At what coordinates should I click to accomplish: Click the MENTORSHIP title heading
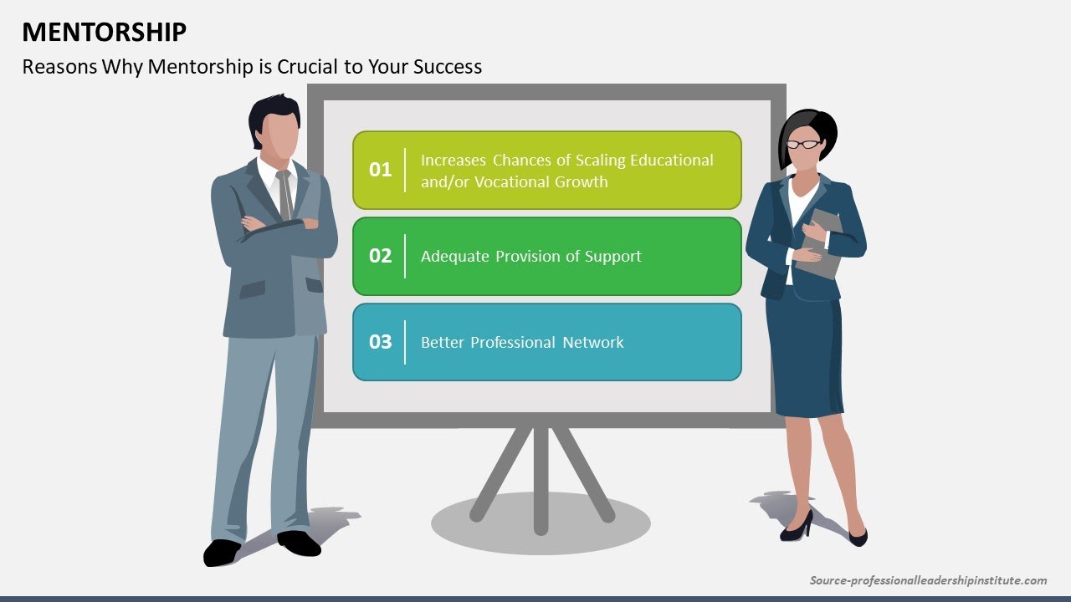105,32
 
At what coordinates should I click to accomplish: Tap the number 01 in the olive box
381,170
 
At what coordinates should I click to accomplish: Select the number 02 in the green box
381,256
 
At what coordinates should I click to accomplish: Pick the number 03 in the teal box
381,342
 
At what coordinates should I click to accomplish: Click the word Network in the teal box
593,342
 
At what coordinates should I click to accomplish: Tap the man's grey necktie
285,194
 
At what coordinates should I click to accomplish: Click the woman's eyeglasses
804,145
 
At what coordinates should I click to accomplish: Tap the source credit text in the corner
928,580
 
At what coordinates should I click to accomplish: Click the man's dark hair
273,113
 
